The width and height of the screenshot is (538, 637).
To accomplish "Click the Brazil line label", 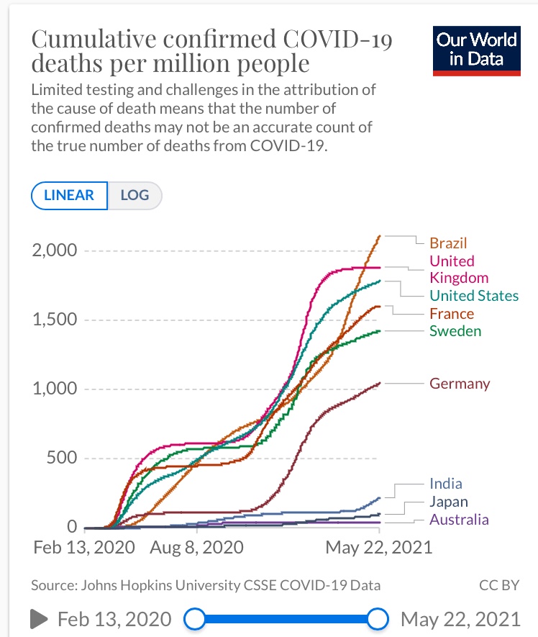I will pos(448,243).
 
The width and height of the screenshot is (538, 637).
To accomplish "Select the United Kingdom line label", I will pos(458,269).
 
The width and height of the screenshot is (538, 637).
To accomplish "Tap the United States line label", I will pos(473,296).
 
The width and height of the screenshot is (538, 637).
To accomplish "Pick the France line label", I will pos(452,314).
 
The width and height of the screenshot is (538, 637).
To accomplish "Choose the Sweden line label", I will pos(455,331).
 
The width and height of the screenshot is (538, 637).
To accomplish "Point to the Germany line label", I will pos(460,384).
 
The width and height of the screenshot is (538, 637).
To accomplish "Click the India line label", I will pos(445,484).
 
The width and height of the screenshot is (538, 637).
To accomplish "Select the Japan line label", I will pos(448,502).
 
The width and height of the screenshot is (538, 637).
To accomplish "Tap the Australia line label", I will pos(459,520).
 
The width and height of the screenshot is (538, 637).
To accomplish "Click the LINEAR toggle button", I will pos(69,195).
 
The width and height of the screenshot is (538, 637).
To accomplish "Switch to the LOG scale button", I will pos(134,195).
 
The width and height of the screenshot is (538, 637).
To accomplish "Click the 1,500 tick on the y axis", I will pos(54,320).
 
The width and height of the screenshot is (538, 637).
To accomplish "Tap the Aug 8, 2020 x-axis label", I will pos(196,547).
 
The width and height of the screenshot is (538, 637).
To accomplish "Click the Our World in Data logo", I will pos(476,50).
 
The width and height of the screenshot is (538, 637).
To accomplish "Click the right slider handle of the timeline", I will pos(378,618).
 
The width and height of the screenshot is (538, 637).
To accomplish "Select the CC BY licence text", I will pos(499,585).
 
